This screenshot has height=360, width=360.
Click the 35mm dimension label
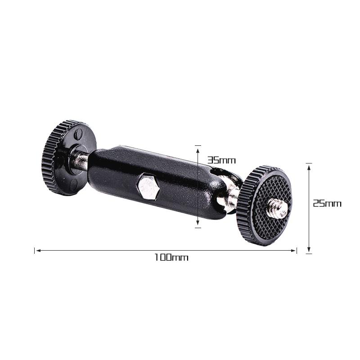[x=221, y=160]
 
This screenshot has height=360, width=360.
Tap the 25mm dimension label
[x=327, y=203]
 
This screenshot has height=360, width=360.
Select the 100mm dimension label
[x=171, y=257]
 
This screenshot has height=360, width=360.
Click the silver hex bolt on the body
[x=148, y=187]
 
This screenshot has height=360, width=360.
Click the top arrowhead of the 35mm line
[x=198, y=148]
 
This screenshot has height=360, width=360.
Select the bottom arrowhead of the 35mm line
[x=198, y=225]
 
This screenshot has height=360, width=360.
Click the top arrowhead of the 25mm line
[x=309, y=166]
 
